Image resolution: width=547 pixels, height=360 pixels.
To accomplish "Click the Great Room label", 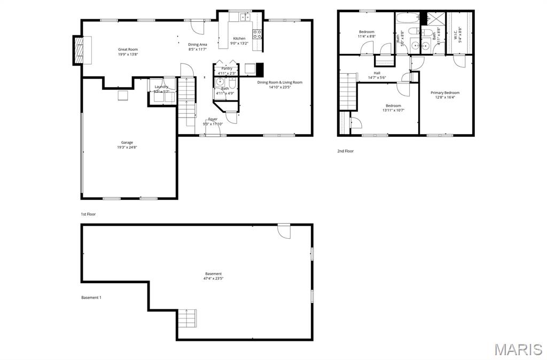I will click(128, 49).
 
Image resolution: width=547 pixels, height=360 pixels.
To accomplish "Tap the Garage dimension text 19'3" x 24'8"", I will click(127, 147).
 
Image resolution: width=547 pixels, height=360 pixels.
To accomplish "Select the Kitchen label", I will click(239, 38).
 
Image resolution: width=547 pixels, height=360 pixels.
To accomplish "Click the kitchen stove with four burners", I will click(257, 34).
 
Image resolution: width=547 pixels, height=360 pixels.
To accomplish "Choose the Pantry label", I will click(226, 68).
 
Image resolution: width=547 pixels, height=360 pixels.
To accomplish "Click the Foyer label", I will click(213, 119).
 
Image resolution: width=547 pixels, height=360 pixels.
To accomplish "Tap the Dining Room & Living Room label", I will click(279, 82).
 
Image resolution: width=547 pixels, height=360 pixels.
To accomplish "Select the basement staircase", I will click(187, 319).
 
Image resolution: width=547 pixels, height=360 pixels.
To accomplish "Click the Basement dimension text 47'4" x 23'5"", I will click(213, 278).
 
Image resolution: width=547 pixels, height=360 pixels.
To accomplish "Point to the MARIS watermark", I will click(518, 349).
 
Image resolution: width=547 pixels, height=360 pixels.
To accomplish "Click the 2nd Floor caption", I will click(345, 151).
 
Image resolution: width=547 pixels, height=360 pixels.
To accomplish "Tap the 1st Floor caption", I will click(88, 214).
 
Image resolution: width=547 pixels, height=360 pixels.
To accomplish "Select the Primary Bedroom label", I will click(445, 92).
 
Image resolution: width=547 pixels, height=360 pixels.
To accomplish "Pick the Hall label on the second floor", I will click(377, 73).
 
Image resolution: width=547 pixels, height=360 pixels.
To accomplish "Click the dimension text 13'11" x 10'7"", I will click(393, 111).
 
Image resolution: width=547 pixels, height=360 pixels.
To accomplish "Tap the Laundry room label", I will click(161, 87).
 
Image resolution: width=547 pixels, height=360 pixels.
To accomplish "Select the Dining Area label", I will click(198, 44).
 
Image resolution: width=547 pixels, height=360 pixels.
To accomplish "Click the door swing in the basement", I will click(283, 231).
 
